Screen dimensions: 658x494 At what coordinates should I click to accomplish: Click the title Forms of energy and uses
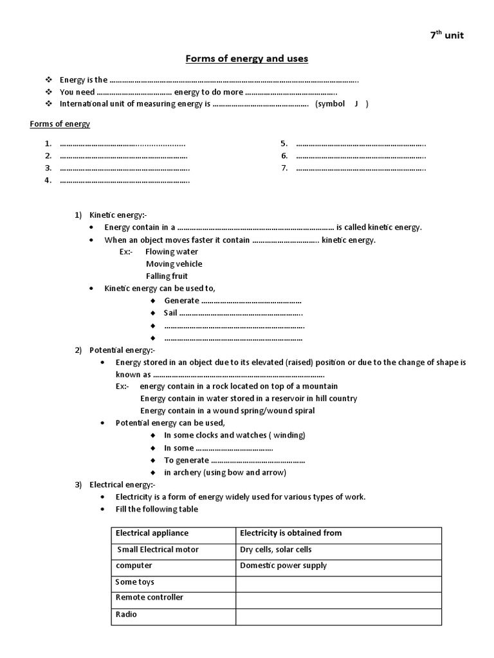coord(247,59)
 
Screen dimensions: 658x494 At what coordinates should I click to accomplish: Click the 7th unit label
coord(446,35)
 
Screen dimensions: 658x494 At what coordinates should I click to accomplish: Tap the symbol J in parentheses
coord(356,104)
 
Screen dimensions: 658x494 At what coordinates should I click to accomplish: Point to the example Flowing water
coord(172,252)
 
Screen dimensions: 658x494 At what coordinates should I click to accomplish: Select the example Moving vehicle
coord(174,264)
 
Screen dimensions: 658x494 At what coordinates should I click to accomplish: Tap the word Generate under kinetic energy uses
coord(182,301)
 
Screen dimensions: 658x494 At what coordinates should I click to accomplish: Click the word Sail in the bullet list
coord(170,313)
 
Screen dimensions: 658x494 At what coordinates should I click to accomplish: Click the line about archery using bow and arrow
coord(224,472)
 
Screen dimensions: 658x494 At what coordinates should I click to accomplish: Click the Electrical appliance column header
coord(152,533)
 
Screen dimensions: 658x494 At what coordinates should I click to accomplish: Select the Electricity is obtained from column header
coord(291,533)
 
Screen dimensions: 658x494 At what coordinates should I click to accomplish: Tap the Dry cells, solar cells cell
coord(275,550)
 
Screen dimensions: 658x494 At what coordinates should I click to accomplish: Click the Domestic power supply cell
coord(283,566)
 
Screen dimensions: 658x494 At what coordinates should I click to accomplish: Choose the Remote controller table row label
coord(149,598)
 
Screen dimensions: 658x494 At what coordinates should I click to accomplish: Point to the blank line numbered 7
coord(361,168)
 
